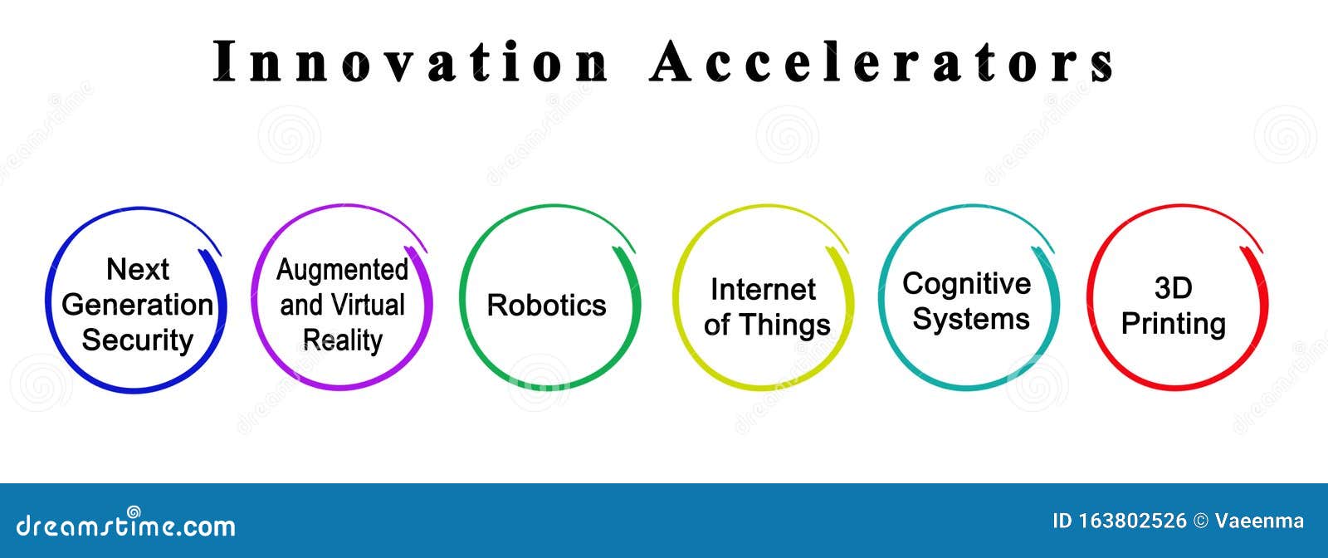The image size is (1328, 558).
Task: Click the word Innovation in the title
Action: tap(411, 61)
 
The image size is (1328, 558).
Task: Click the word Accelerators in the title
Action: tap(881, 61)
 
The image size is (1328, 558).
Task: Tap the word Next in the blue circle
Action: tap(138, 269)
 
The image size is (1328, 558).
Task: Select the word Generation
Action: tap(138, 305)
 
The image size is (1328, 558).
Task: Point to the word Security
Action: tap(138, 340)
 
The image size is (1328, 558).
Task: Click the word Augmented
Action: tap(342, 270)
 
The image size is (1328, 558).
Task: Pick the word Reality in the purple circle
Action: tap(342, 340)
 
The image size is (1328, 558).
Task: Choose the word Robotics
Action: tap(546, 305)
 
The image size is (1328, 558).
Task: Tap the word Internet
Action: tap(763, 289)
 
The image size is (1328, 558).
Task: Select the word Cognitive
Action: tap(966, 284)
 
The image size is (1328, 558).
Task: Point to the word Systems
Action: tap(970, 319)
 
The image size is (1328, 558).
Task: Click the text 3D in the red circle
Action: tap(1173, 288)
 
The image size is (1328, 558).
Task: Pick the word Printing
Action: tap(1173, 323)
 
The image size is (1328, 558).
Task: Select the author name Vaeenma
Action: tap(1259, 521)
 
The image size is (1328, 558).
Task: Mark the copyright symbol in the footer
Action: tap(1200, 521)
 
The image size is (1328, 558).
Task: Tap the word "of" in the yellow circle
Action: tap(718, 325)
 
